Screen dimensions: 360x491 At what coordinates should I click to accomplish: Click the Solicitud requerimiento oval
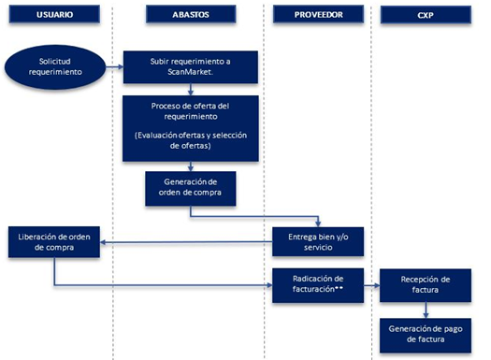[x=55, y=66]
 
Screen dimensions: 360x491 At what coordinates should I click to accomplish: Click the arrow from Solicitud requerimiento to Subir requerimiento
[x=113, y=66]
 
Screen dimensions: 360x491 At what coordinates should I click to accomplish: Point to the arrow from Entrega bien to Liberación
[x=187, y=245]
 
